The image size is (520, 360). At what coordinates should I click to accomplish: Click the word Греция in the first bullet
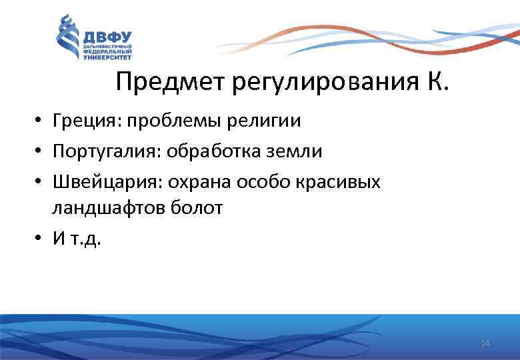click(x=86, y=121)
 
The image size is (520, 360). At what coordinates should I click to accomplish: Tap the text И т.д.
click(x=77, y=239)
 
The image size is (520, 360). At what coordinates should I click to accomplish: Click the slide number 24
click(x=485, y=343)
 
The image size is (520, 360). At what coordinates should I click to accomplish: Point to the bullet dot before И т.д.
click(x=41, y=239)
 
